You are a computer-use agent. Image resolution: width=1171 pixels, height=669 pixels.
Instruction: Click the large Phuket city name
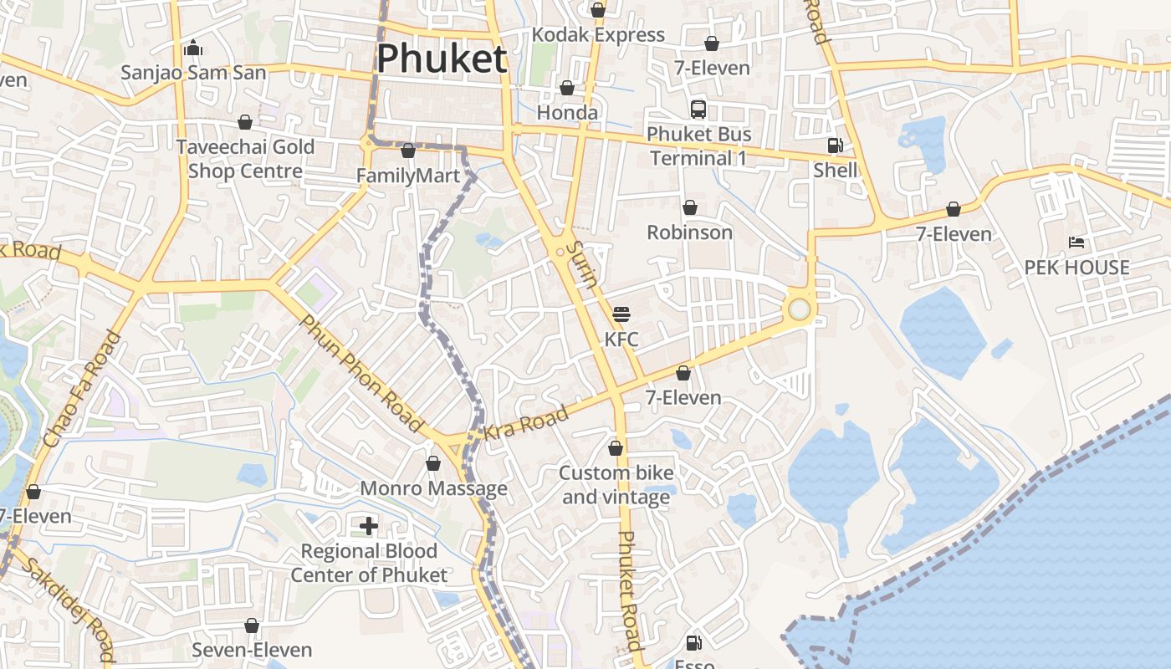(x=442, y=59)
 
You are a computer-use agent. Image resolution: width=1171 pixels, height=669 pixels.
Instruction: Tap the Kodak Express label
(x=599, y=35)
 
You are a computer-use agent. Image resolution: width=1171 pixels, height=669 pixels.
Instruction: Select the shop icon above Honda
(x=567, y=89)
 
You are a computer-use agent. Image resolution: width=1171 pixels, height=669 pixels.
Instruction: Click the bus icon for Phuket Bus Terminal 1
(x=698, y=109)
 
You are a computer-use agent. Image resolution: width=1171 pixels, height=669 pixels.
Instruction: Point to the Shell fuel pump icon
(x=835, y=146)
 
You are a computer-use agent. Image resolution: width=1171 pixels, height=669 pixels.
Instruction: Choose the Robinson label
(x=689, y=232)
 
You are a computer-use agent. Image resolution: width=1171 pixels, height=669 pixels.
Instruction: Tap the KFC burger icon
(x=621, y=314)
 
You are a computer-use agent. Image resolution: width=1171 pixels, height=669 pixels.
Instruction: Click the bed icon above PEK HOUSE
(x=1076, y=243)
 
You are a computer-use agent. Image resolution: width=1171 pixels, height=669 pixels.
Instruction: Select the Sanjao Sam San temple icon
(x=194, y=48)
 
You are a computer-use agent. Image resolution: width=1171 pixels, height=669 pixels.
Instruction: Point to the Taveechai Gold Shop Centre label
(x=245, y=159)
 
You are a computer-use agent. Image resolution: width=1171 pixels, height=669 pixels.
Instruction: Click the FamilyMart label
(x=408, y=176)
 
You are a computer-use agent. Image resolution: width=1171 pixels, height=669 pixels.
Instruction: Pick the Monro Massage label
(x=433, y=488)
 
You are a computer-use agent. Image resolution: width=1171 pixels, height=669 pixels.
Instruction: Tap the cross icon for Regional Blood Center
(x=369, y=525)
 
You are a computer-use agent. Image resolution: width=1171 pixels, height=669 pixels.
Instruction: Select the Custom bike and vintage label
(x=616, y=485)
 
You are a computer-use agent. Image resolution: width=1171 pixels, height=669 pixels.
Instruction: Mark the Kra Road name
(x=526, y=423)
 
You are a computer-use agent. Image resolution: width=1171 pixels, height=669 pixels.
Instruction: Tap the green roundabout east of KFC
(x=800, y=309)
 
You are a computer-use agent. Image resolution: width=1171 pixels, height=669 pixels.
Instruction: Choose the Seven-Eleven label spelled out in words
(x=252, y=650)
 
